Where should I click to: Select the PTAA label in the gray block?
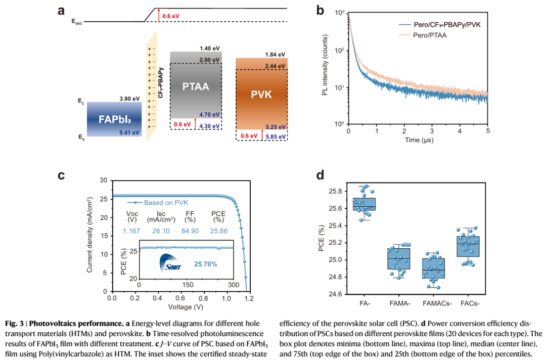click(x=195, y=87)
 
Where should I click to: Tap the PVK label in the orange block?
click(x=261, y=95)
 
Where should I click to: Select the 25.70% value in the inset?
click(x=207, y=264)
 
